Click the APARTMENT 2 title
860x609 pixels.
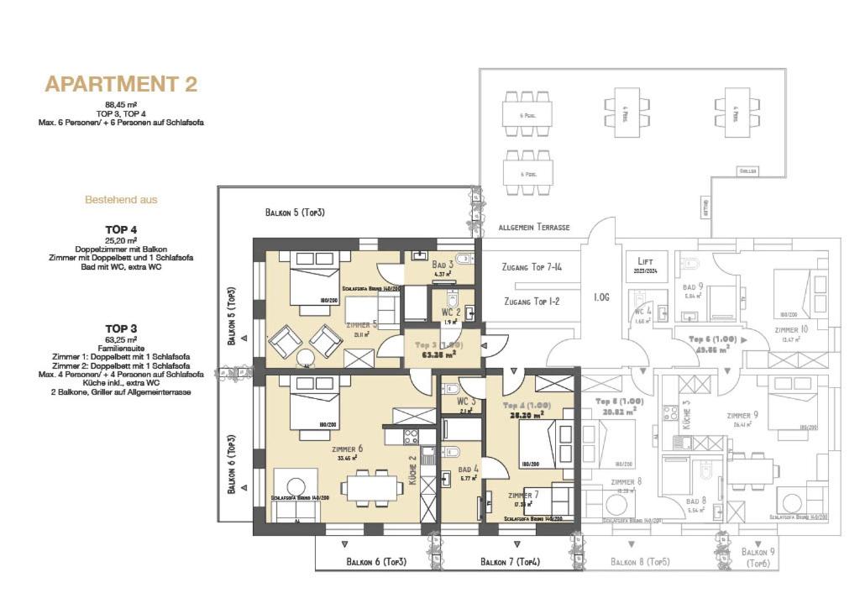[x=121, y=84]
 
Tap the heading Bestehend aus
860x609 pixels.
[x=121, y=200]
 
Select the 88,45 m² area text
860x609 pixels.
[x=121, y=104]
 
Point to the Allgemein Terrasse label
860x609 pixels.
[x=534, y=228]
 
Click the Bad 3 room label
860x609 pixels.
[x=443, y=265]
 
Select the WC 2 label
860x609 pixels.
[x=452, y=312]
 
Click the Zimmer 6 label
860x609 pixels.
[x=347, y=449]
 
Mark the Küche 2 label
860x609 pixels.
[x=412, y=470]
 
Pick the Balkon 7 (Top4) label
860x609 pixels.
[x=511, y=561]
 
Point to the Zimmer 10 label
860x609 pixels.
[x=791, y=329]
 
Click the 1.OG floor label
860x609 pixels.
[x=601, y=297]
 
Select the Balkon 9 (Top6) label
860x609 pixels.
[x=759, y=558]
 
